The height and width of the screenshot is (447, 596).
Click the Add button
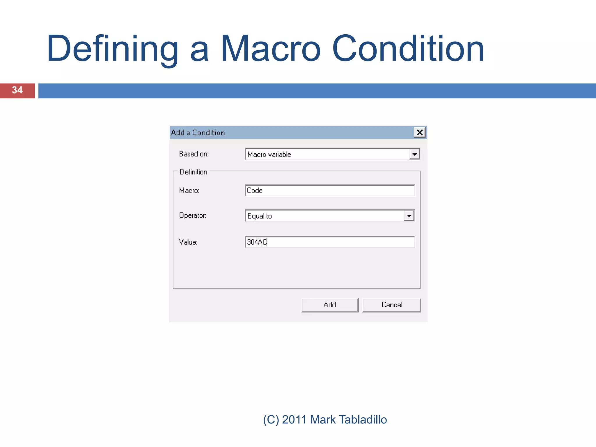(330, 305)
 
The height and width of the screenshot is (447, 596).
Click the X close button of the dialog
(419, 133)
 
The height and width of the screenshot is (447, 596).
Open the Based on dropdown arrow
(414, 154)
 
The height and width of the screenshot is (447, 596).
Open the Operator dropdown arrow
(409, 216)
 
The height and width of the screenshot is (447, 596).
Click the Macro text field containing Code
(330, 191)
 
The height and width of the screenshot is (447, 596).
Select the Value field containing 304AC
(330, 242)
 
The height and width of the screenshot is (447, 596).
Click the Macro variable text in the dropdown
(269, 155)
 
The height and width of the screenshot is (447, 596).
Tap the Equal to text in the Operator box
(259, 216)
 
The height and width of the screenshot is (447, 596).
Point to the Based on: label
(194, 154)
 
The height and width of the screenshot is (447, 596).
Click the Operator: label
(192, 216)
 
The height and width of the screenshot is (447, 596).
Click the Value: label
(188, 242)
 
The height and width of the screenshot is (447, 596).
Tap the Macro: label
(189, 191)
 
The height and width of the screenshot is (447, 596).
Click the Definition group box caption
(193, 172)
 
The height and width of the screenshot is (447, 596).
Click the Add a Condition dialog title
(198, 133)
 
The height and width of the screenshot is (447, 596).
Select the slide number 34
(17, 90)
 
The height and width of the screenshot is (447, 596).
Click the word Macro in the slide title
(270, 49)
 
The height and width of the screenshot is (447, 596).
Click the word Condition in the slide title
(408, 49)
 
